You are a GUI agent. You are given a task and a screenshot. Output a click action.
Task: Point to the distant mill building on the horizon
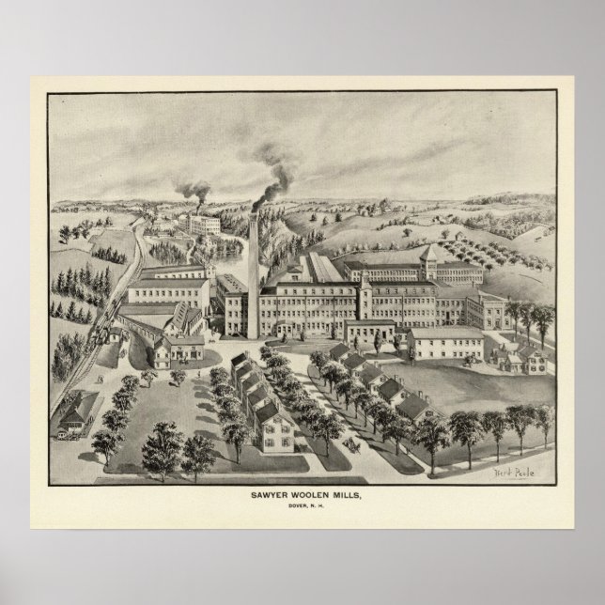pos(204,225)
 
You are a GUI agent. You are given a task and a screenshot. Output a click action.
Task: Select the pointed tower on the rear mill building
pos(428,256)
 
